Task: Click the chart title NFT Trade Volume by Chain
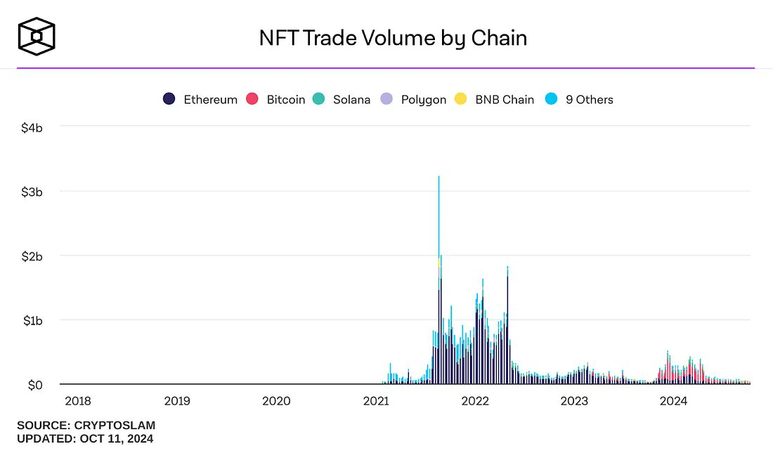(393, 37)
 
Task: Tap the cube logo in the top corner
(37, 35)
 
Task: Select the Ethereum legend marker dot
(169, 99)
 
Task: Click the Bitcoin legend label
(285, 99)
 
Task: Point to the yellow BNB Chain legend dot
(461, 99)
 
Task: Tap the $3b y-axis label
(32, 191)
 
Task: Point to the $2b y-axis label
(32, 255)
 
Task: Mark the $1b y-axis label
(32, 320)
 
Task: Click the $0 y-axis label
(35, 385)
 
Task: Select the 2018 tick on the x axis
(78, 401)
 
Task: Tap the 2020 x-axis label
(276, 401)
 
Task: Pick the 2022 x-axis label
(475, 401)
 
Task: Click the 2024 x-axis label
(674, 401)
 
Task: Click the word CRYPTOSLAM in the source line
(113, 425)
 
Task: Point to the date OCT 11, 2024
(114, 438)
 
